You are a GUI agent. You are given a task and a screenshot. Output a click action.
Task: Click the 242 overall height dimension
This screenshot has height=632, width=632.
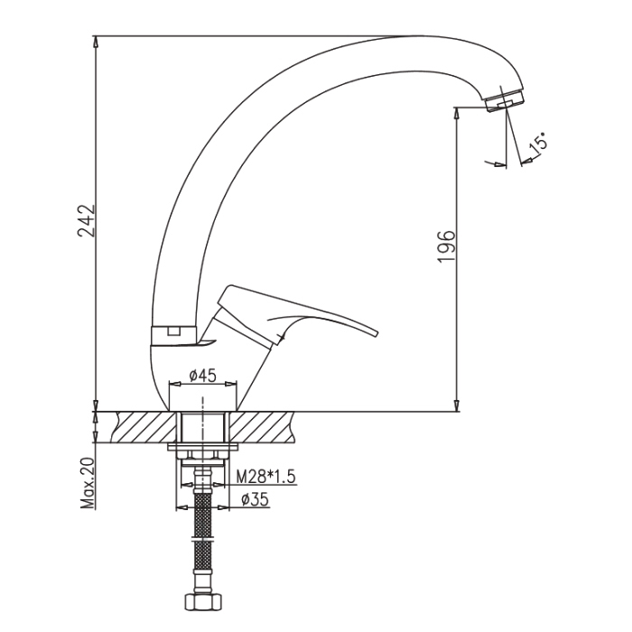coord(87,221)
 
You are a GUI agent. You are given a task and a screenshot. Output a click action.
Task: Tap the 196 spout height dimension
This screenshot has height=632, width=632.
coord(446,246)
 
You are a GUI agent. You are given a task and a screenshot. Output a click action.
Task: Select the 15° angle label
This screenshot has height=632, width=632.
coord(538,143)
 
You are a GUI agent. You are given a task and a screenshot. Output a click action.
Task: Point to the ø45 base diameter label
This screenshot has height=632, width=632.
coord(203,376)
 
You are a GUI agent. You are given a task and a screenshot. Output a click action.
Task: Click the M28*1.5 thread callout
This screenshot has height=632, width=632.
coord(265,477)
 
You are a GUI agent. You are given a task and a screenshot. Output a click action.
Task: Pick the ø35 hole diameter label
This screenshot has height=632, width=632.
coord(255,500)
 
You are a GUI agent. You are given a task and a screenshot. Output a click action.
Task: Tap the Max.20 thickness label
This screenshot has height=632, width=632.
coord(87,483)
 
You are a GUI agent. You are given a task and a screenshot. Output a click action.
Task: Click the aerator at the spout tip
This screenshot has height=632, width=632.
coord(506,100)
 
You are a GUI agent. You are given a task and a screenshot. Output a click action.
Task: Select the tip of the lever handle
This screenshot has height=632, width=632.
coord(377,333)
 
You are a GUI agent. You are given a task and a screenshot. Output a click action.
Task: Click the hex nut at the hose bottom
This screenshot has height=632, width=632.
coord(203,602)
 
